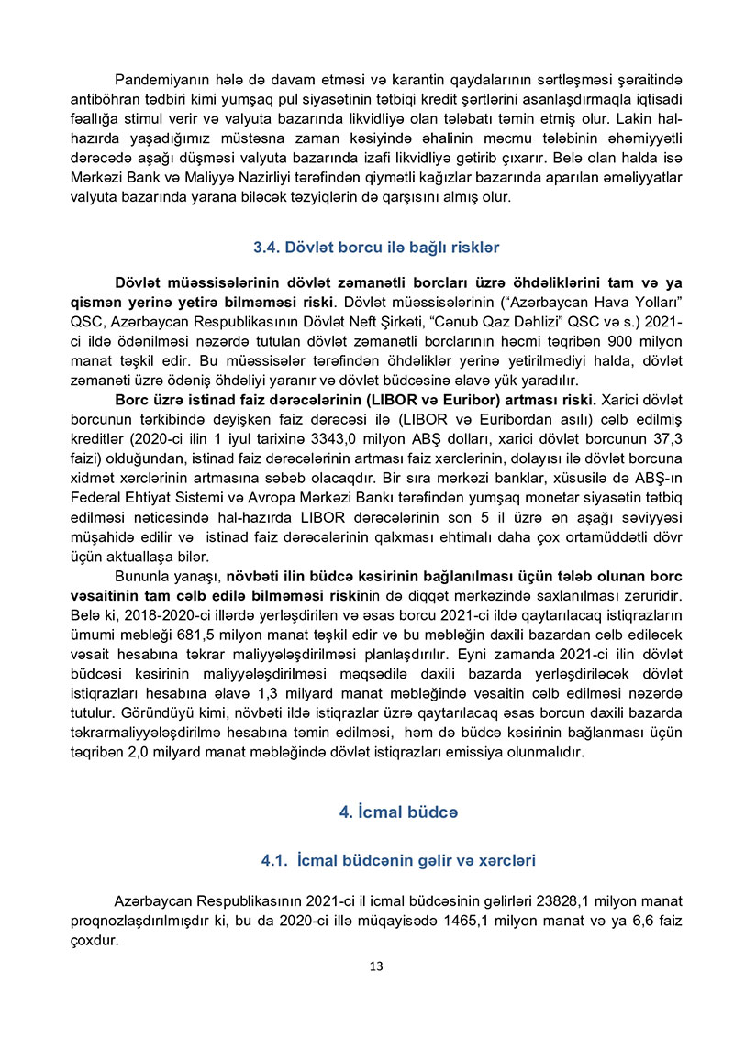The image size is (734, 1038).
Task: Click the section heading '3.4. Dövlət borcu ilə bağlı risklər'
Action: click(x=375, y=248)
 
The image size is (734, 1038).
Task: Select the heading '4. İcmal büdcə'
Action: click(x=398, y=812)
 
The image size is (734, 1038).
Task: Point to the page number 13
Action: click(x=375, y=966)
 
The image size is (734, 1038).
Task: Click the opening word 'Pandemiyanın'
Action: click(x=156, y=80)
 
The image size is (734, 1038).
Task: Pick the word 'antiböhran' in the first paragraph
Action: click(x=105, y=100)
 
